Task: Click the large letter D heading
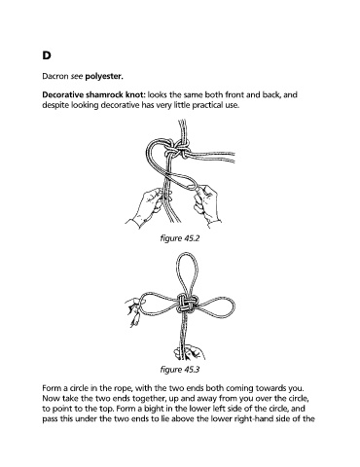tap(47, 55)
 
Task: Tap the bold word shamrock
tap(106, 95)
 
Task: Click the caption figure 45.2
tap(180, 238)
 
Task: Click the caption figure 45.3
tap(180, 370)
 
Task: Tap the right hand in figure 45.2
tap(207, 204)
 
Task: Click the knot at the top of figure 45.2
tap(176, 150)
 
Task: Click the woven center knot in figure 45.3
tap(184, 305)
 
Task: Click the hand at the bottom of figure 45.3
tap(190, 353)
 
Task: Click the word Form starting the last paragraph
tap(50, 388)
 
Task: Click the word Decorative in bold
tap(63, 95)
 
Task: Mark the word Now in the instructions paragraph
tap(50, 398)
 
